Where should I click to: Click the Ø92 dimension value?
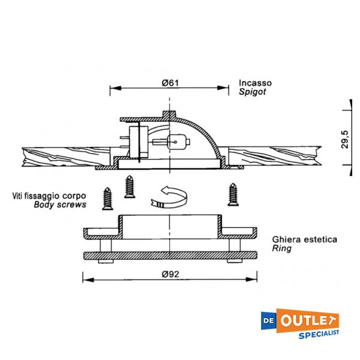pos(170,274)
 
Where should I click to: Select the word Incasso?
pos(255,83)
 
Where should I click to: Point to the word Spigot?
pos(252,92)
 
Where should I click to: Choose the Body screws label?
pos(60,205)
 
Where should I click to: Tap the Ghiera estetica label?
pos(304,239)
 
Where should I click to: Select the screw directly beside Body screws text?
pos(108,198)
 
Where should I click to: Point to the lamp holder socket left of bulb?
pos(140,140)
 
